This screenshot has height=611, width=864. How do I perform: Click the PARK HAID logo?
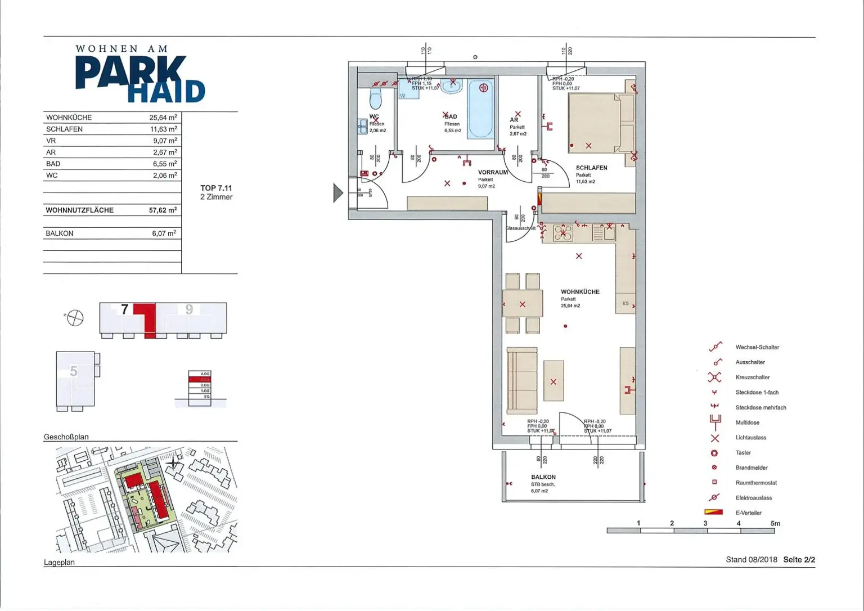click(139, 75)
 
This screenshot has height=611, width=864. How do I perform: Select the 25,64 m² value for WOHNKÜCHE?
click(163, 118)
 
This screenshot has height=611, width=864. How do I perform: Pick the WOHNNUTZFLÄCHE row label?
click(79, 210)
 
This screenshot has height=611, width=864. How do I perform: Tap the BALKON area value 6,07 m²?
click(164, 233)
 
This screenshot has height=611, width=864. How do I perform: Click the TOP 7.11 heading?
click(216, 188)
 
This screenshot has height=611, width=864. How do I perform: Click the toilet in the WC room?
click(376, 99)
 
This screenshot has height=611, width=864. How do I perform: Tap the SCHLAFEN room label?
click(591, 168)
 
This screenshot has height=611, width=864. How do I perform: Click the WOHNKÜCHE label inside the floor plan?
click(580, 292)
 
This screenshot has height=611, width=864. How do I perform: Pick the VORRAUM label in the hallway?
click(493, 173)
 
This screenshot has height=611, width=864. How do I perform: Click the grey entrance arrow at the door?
click(337, 193)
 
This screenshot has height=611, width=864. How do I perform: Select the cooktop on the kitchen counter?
click(562, 233)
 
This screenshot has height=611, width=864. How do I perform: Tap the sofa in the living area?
click(521, 380)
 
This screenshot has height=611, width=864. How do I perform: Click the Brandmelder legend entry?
click(751, 468)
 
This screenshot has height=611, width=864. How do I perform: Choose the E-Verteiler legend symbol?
click(713, 513)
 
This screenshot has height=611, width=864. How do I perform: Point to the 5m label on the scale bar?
click(775, 524)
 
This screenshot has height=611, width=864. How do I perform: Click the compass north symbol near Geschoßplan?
click(74, 318)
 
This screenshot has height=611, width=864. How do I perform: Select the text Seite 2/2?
click(799, 560)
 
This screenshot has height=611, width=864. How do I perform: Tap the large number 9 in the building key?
click(189, 309)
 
